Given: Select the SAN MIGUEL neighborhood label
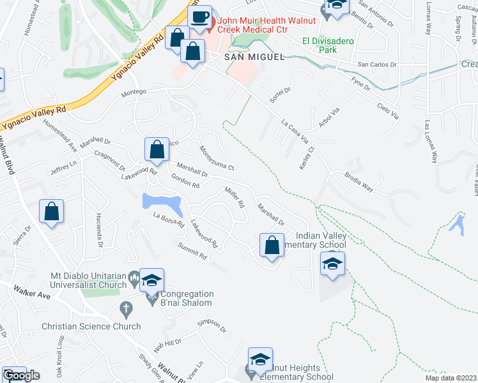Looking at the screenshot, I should (x=254, y=57).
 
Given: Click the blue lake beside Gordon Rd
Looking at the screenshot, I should (x=164, y=204).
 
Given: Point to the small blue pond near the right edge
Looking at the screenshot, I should (x=458, y=223).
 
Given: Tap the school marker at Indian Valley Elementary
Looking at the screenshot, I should (x=332, y=264).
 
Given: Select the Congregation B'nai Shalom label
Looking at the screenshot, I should (x=182, y=299).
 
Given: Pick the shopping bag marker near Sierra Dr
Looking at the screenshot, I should (x=52, y=213).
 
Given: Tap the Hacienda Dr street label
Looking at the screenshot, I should (x=100, y=230).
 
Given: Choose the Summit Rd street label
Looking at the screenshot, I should (x=193, y=252).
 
